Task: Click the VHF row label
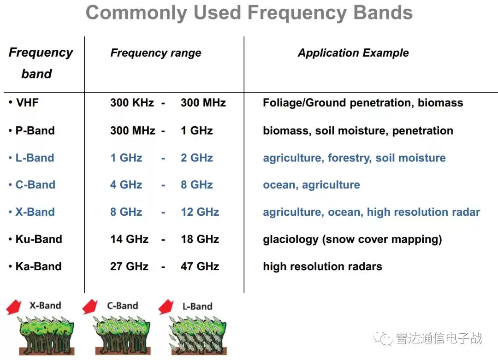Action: [x=27, y=102]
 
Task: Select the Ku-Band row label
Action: [x=39, y=239]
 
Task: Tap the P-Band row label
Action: [x=35, y=130]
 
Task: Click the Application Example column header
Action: [x=353, y=53]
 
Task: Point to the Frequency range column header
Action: [x=156, y=53]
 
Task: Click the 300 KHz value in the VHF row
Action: [x=132, y=102]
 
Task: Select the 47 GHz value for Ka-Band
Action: [x=200, y=266]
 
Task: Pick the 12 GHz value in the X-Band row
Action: [x=200, y=212]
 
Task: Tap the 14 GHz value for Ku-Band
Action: [x=129, y=239]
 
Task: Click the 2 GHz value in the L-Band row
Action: [x=196, y=158]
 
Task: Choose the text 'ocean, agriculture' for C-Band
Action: [x=311, y=185]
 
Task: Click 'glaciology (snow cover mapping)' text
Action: [x=352, y=239]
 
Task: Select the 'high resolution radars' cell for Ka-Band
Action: [x=322, y=266]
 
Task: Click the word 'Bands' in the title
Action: [x=383, y=12]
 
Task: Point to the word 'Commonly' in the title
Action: [x=136, y=13]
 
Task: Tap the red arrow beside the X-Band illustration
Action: [x=14, y=307]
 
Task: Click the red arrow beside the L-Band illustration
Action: [x=166, y=307]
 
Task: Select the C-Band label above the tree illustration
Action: [x=123, y=306]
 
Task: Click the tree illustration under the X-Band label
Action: [x=47, y=335]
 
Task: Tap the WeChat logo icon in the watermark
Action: [x=382, y=338]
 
